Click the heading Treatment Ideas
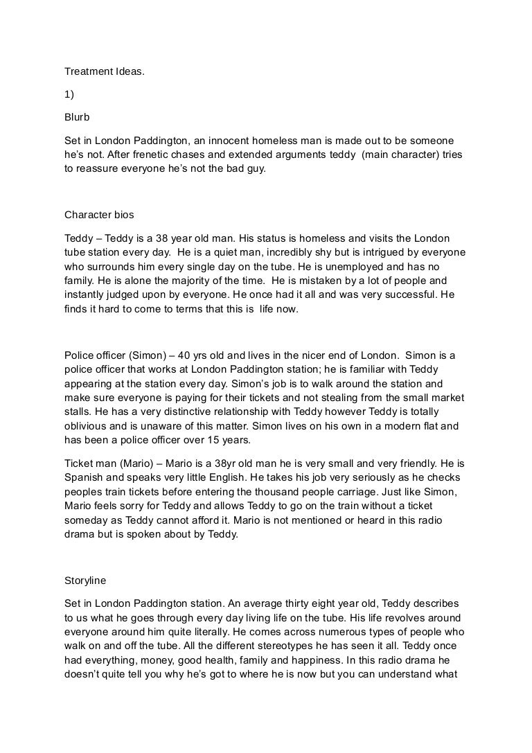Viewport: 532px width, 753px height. click(105, 71)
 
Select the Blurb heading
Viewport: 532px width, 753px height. click(77, 118)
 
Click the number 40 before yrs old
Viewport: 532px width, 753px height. click(188, 355)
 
